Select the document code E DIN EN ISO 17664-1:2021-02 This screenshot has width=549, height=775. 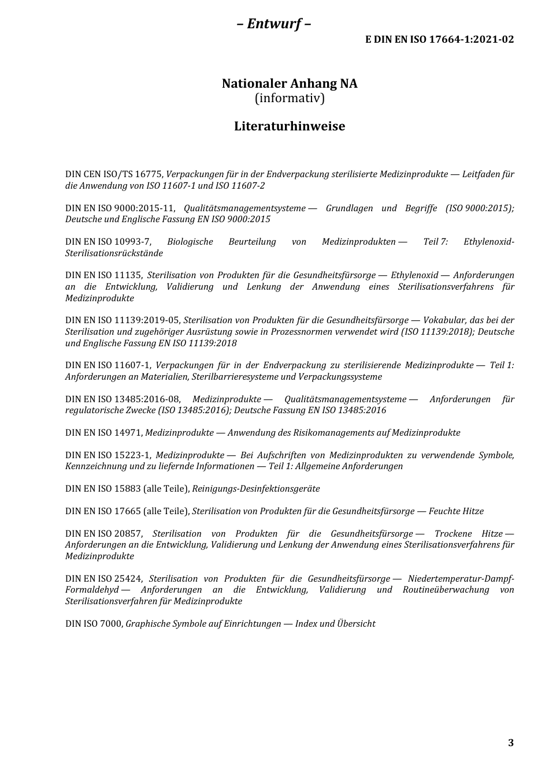[439, 39]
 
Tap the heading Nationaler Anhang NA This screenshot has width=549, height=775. [290, 84]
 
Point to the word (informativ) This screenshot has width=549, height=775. [290, 98]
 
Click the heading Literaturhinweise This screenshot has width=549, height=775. [290, 126]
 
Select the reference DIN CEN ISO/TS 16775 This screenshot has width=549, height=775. [114, 174]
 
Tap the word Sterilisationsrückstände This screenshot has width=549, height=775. [114, 253]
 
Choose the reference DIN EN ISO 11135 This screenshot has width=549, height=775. [103, 275]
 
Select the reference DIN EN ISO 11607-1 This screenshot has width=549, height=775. [108, 365]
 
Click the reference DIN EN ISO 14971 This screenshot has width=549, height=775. [103, 433]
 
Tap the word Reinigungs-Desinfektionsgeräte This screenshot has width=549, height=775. [255, 489]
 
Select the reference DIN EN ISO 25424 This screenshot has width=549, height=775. [104, 579]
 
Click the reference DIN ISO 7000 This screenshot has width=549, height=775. [94, 624]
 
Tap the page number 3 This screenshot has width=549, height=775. [510, 743]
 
